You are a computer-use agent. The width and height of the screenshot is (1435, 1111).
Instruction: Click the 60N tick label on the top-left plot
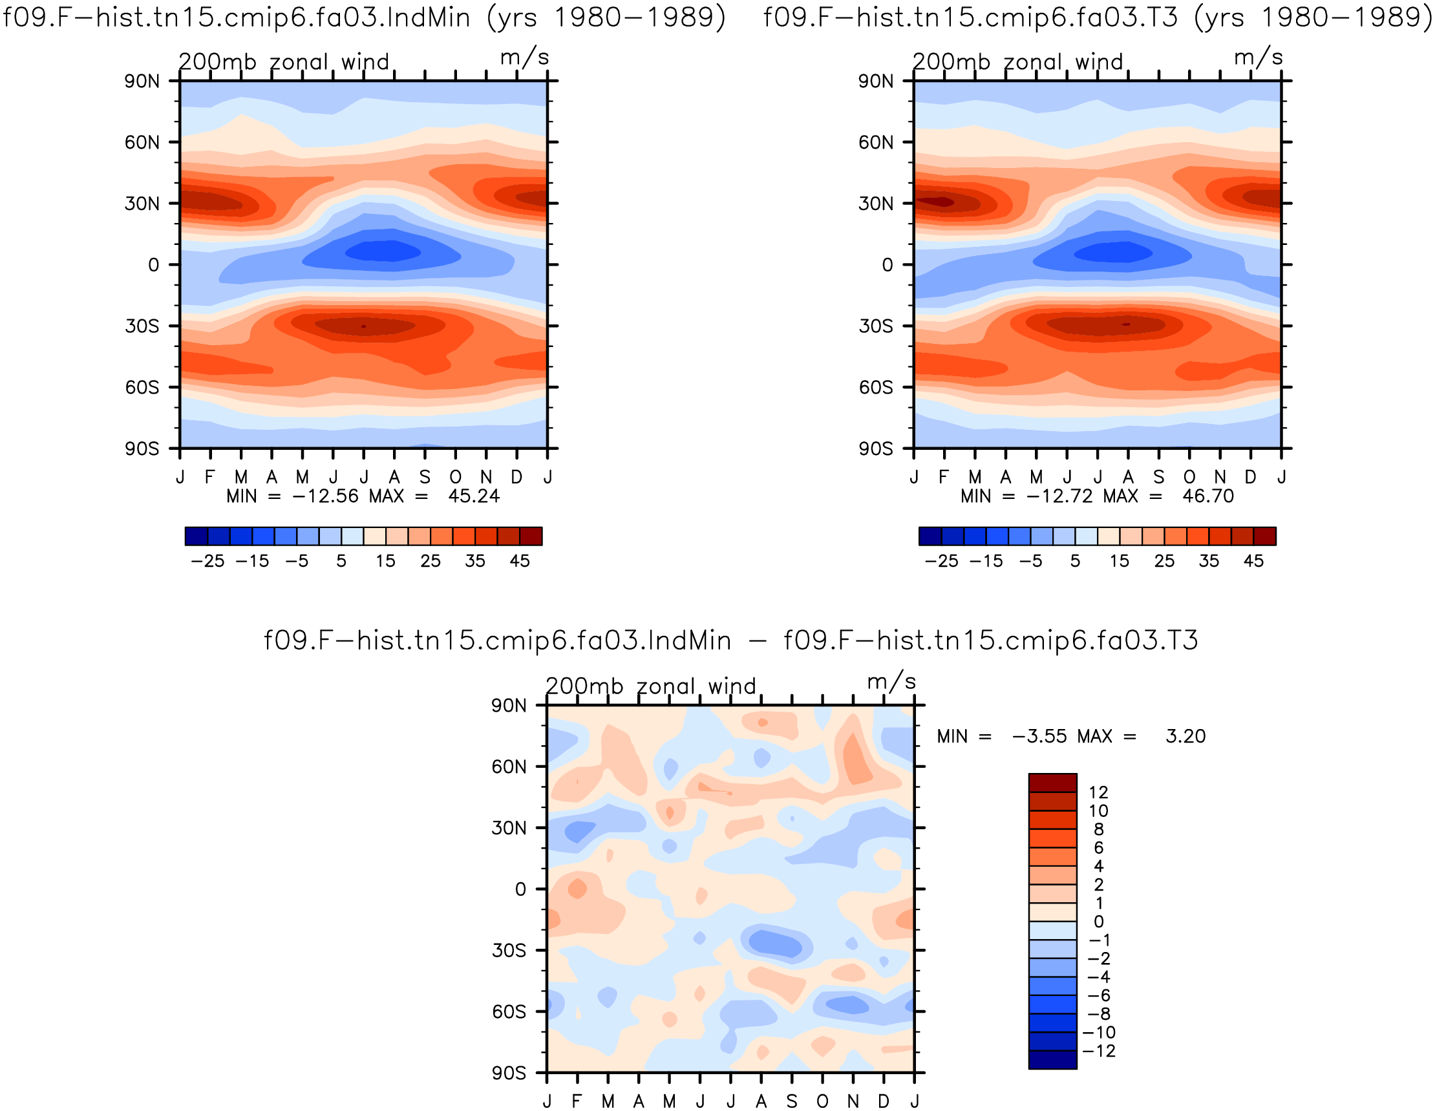142,143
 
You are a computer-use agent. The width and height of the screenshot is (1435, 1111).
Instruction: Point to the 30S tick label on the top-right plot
876,326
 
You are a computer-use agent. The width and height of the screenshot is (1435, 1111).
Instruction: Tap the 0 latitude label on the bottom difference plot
520,889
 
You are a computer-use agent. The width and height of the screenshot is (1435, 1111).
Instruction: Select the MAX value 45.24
474,496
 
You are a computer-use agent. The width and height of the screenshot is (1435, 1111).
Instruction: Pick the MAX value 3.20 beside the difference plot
1186,736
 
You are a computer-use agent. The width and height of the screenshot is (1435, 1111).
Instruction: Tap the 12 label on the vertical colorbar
1098,792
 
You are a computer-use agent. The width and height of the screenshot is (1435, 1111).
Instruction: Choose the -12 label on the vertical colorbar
1099,1051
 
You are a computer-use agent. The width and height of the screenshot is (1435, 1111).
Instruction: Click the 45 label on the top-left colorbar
520,561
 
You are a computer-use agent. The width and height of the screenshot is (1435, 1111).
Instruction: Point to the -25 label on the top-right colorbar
942,561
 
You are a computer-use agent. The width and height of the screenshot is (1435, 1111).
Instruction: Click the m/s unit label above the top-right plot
1259,58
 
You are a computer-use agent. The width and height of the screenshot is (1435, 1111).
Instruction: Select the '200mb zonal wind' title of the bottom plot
651,686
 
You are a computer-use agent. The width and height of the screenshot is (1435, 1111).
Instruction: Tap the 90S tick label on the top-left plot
142,449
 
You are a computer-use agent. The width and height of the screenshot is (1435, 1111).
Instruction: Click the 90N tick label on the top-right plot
876,81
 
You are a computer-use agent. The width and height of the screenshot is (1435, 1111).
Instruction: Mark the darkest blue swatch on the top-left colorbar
197,536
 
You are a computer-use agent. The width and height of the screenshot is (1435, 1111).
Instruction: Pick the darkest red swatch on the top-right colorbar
1265,536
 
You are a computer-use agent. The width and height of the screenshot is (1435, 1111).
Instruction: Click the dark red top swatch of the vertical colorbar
1052,783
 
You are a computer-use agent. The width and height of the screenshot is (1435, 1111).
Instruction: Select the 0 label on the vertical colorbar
1099,922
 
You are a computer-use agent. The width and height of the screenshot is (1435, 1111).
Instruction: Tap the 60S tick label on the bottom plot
509,1011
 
